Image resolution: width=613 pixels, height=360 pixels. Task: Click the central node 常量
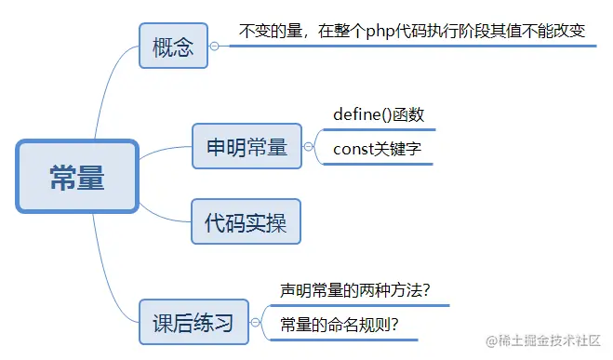(x=77, y=176)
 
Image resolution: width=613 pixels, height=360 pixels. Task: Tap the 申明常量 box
(x=247, y=146)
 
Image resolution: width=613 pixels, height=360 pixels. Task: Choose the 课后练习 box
(x=193, y=322)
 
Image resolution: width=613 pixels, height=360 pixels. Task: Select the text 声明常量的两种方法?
(x=354, y=289)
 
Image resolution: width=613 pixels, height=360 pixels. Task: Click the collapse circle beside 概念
(x=215, y=46)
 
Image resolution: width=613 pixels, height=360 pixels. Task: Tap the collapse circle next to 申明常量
(x=309, y=146)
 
